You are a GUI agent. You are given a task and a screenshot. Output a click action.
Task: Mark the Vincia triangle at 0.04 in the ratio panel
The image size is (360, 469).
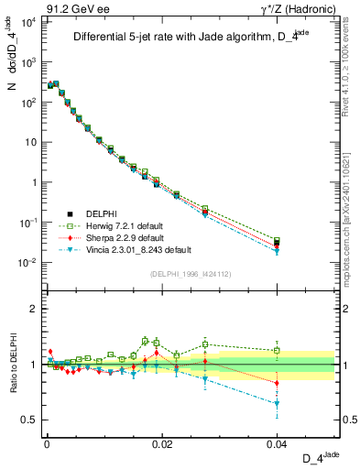pyautogui.click(x=278, y=404)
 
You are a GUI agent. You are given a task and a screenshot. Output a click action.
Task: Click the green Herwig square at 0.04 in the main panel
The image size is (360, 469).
pyautogui.click(x=278, y=241)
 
